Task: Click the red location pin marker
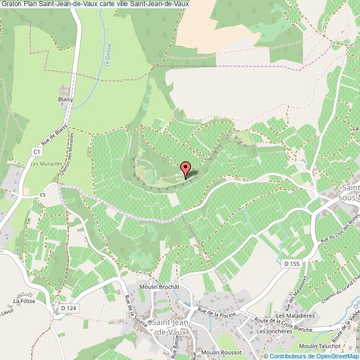click(186, 168)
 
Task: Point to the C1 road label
click(37, 151)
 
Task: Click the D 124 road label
click(68, 308)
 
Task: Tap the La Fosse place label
click(25, 301)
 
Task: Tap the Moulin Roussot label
click(221, 352)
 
